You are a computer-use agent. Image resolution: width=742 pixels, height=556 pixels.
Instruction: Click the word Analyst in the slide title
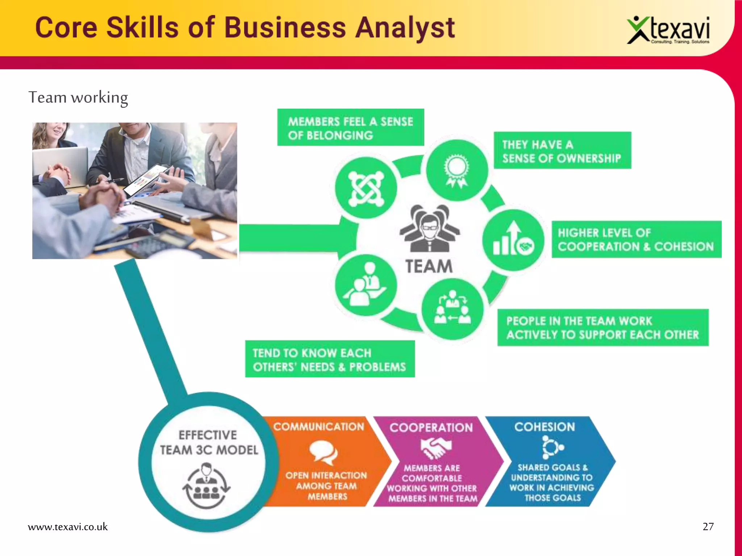pos(405,28)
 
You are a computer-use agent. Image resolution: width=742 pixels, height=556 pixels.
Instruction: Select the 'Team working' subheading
pos(78,98)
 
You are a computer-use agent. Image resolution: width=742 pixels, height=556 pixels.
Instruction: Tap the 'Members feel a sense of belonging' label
pos(350,128)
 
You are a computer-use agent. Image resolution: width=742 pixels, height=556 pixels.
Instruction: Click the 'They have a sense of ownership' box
pos(562,151)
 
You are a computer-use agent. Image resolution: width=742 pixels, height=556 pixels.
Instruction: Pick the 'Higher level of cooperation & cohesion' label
pos(636,240)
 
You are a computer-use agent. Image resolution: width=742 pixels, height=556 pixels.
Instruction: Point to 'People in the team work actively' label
pos(603,328)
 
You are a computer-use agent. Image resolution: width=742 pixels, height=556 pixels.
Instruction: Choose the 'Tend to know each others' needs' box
pos(330,359)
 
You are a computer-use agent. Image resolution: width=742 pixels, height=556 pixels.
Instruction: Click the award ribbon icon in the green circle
pos(457,170)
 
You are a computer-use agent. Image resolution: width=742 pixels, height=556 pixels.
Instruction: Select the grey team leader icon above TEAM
pos(429,228)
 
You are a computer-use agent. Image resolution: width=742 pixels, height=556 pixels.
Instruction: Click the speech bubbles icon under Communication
pos(323,452)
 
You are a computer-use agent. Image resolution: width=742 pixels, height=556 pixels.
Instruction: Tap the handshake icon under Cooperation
pos(436,447)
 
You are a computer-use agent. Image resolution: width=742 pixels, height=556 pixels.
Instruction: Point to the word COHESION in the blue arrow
pos(545,427)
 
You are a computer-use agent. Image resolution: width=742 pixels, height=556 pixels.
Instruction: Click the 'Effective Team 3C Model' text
pos(209,442)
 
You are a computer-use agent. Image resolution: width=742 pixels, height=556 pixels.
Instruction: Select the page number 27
pos(708,527)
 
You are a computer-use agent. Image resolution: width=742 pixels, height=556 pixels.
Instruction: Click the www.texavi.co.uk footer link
pos(68,527)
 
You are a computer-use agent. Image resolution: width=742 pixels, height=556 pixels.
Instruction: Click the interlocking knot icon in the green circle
pos(366,188)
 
